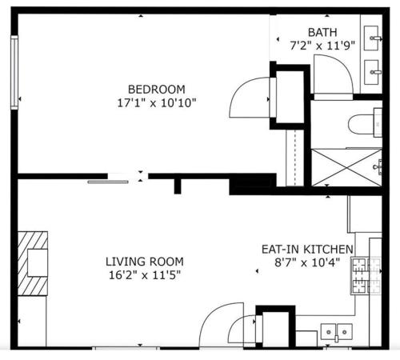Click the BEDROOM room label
click(157, 90)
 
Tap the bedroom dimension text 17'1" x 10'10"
click(157, 103)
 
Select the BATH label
click(322, 33)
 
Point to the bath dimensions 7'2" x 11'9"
click(322, 46)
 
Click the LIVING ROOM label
click(145, 262)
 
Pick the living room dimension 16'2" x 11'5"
click(145, 275)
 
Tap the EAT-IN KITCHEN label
click(307, 250)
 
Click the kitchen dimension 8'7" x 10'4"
click(307, 263)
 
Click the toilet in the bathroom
click(365, 123)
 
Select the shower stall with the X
click(346, 167)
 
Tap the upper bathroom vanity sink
click(371, 38)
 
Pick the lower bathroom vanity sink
click(371, 72)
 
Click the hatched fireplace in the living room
click(33, 263)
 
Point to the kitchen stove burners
click(366, 275)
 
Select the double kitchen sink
click(336, 332)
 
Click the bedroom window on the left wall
click(14, 73)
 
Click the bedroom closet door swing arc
click(238, 90)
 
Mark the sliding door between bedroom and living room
click(108, 182)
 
